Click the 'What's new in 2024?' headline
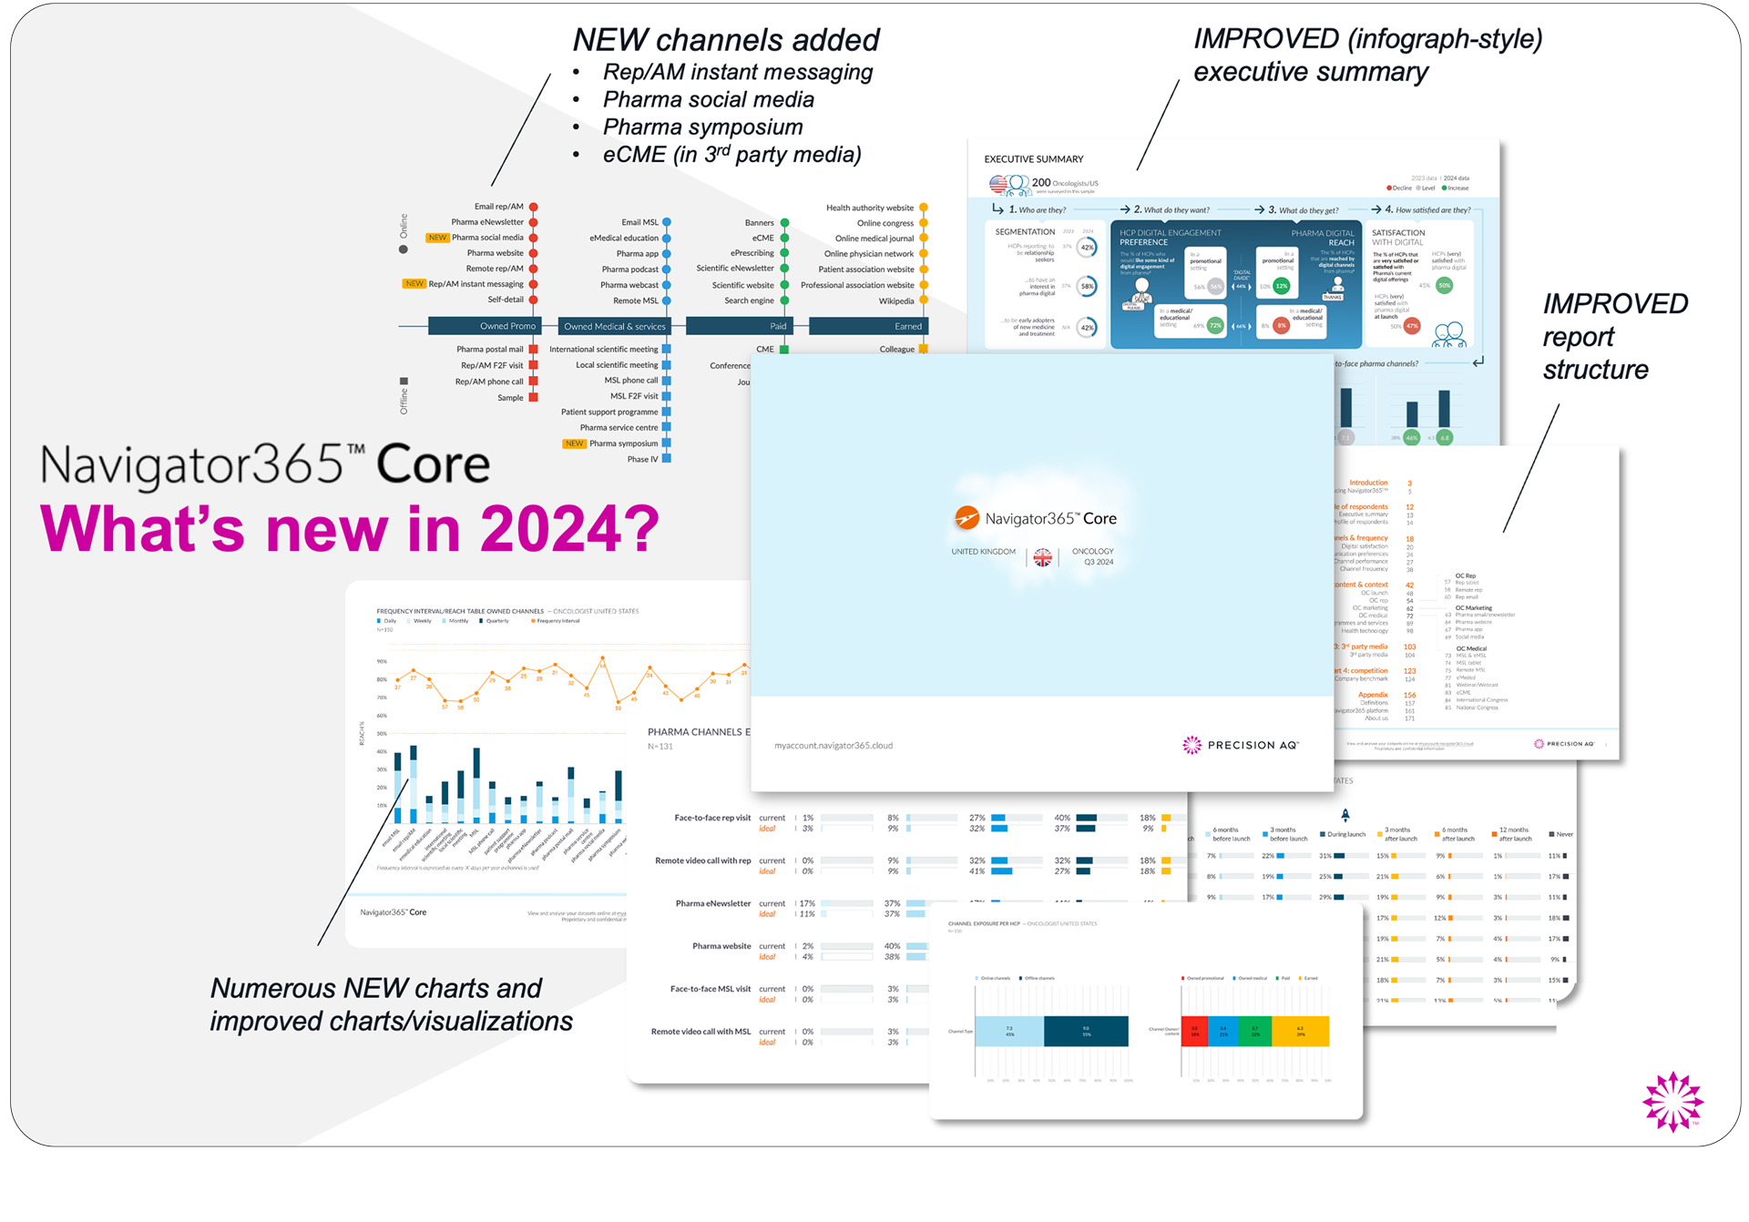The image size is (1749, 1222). tap(350, 528)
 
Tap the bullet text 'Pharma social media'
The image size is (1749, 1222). tap(708, 99)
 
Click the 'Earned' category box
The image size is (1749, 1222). tap(868, 326)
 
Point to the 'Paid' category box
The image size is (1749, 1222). tap(739, 326)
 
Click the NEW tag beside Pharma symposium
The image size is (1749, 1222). tap(574, 443)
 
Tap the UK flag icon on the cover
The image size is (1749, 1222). tap(1042, 557)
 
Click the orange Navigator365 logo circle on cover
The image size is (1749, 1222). tap(967, 518)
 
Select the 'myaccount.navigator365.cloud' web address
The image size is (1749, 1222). tap(833, 746)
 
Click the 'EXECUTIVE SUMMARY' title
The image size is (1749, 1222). tap(1033, 158)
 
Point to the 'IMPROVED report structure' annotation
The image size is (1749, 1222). tap(1613, 336)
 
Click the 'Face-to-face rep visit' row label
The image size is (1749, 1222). tap(711, 818)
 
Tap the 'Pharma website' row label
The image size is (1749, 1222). tap(721, 946)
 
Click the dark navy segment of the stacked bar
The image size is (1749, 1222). tap(1086, 1031)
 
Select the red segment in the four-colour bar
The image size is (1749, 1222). tap(1194, 1031)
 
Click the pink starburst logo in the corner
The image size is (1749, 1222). tap(1672, 1101)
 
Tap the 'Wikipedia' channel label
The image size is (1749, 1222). tap(895, 300)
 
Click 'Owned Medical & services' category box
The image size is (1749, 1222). tap(614, 326)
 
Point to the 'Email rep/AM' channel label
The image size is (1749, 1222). tap(498, 207)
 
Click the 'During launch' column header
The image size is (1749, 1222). tap(1345, 834)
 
